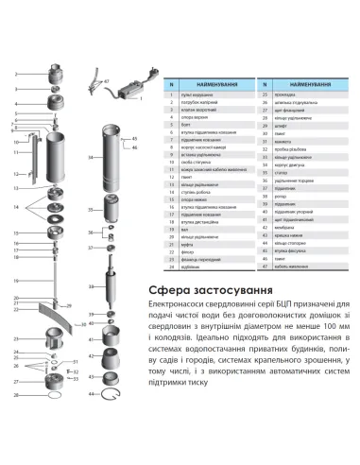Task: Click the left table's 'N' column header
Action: point(171,83)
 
